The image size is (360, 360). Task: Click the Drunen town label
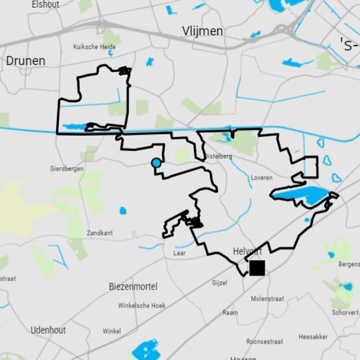(26, 61)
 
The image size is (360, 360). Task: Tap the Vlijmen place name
(202, 31)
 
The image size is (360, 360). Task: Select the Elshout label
(45, 4)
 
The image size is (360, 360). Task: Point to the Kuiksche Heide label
(94, 47)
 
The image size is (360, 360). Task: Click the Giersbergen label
(67, 169)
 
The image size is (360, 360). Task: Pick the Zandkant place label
(100, 233)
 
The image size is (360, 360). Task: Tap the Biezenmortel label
(133, 287)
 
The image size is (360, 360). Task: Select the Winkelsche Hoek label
(142, 306)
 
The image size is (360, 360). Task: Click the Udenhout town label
(48, 330)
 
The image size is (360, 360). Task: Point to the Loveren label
(261, 178)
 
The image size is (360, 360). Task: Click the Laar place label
(180, 253)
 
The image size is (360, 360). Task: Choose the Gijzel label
(220, 283)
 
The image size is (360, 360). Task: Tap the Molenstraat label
(267, 298)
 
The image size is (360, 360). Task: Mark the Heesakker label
(313, 337)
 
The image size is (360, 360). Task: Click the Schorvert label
(345, 312)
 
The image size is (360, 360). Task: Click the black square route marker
(257, 268)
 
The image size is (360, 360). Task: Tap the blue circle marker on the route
(156, 163)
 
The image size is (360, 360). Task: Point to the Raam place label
(230, 313)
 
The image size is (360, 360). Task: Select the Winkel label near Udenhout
(112, 331)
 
